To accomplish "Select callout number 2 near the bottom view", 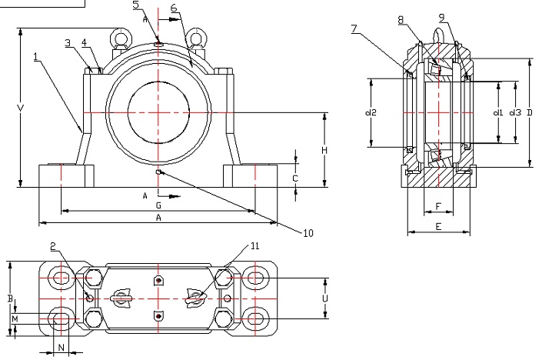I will click(53, 247).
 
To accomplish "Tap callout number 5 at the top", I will click(136, 5).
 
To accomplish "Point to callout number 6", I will click(174, 8).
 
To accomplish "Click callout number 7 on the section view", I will click(354, 28).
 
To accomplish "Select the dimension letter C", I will click(295, 178).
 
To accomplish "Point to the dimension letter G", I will click(158, 206).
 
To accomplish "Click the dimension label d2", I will click(371, 112).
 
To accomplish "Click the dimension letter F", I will click(437, 206).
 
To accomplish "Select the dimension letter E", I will click(437, 227).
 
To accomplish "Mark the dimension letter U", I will click(325, 298).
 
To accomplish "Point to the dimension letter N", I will click(62, 347).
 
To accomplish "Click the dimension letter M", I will click(15, 317).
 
